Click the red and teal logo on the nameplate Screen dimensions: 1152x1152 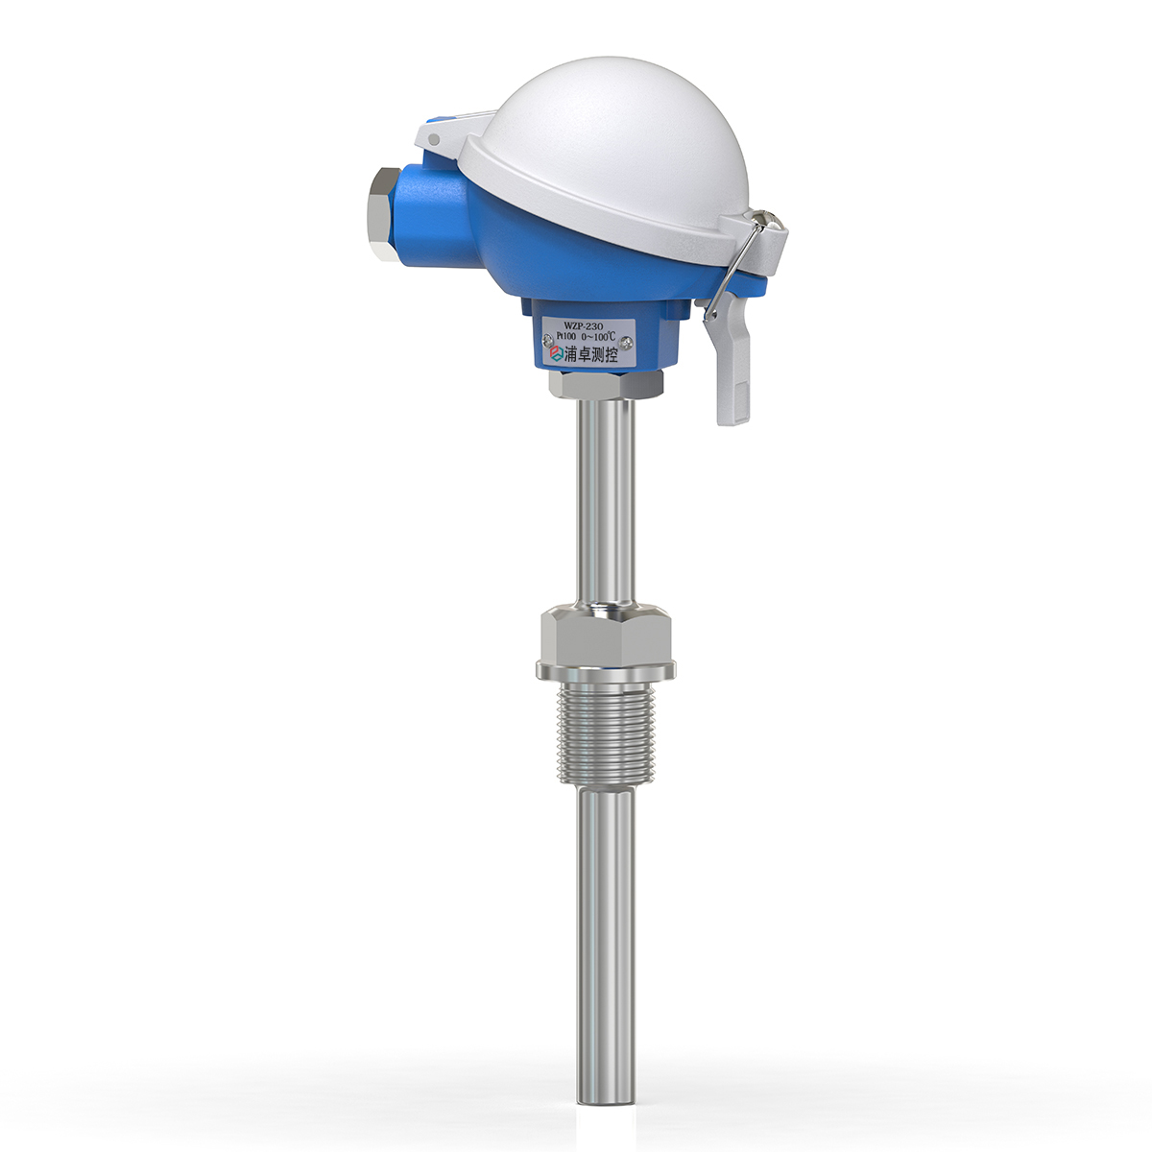click(x=553, y=354)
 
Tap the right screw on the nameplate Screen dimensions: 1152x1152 click(x=628, y=339)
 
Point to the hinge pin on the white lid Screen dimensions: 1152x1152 click(x=435, y=140)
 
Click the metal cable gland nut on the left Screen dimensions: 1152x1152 click(x=381, y=214)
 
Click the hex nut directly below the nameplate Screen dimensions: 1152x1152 click(x=606, y=384)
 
